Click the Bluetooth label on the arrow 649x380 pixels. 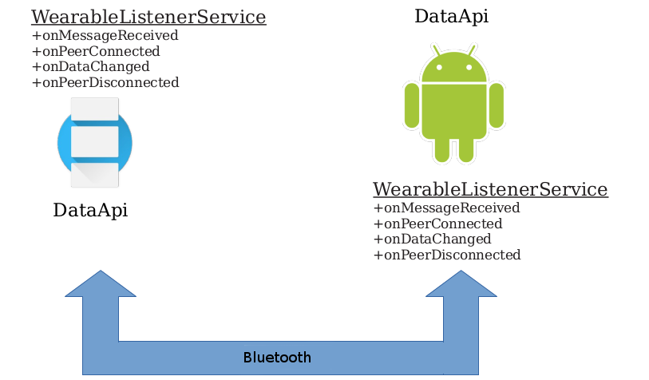pos(277,357)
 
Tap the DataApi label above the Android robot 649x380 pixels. pos(452,17)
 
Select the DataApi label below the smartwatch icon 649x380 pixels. pos(90,210)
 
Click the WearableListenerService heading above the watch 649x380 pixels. pos(148,17)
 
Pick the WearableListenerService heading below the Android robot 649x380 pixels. pos(490,189)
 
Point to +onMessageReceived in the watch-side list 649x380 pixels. pos(105,36)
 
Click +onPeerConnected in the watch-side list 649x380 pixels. pos(96,51)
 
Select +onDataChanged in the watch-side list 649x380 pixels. pos(91,66)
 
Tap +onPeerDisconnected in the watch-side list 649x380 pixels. pos(105,82)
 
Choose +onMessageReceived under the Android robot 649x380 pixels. pos(446,208)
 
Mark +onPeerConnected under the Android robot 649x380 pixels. pos(438,224)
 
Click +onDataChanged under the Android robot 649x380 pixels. pos(433,239)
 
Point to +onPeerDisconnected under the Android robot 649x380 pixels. pos(447,255)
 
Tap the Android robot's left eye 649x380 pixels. pos(439,67)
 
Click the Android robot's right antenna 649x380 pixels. pos(472,50)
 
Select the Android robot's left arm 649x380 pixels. pos(412,105)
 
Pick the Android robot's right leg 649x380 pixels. pos(466,150)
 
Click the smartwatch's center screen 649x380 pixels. pos(95,142)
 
